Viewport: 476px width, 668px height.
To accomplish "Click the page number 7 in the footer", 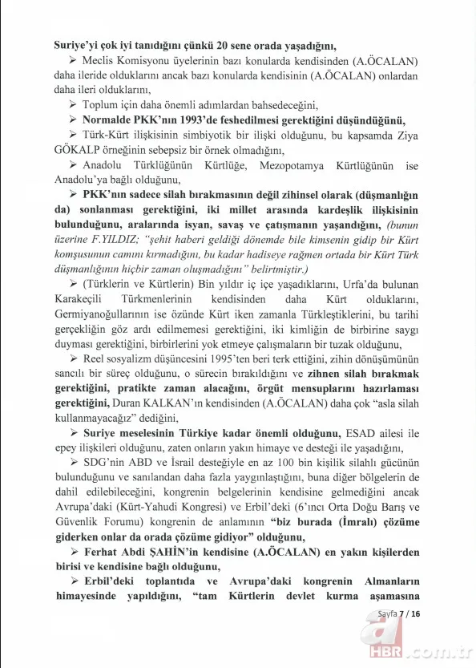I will click(406, 615).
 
